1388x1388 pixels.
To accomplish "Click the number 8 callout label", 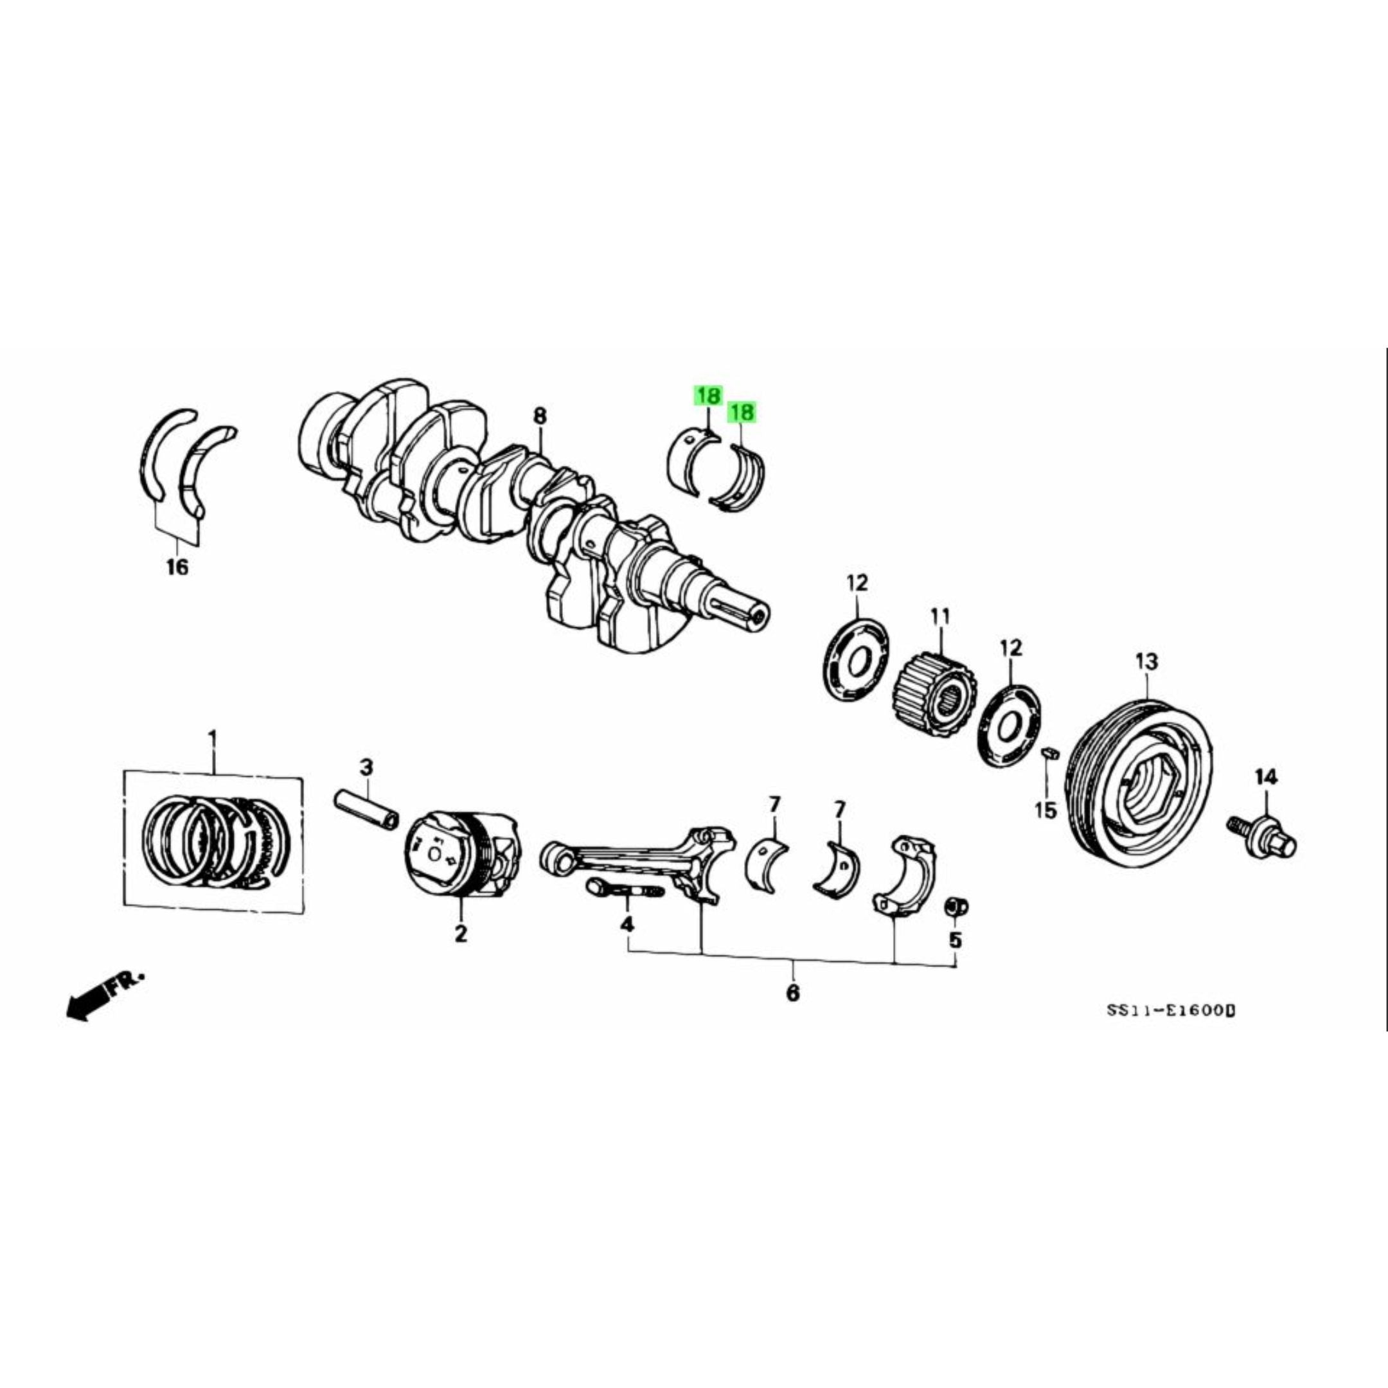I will click(540, 416).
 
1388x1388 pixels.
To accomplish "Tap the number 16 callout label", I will click(177, 567).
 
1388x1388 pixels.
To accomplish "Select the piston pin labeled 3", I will click(366, 809).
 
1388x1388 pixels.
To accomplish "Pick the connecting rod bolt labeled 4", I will click(623, 890).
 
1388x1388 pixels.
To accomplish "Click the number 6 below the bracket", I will click(792, 994).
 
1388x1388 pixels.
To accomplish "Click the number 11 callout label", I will click(939, 616).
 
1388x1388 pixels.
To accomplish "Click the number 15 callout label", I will click(1046, 811).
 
